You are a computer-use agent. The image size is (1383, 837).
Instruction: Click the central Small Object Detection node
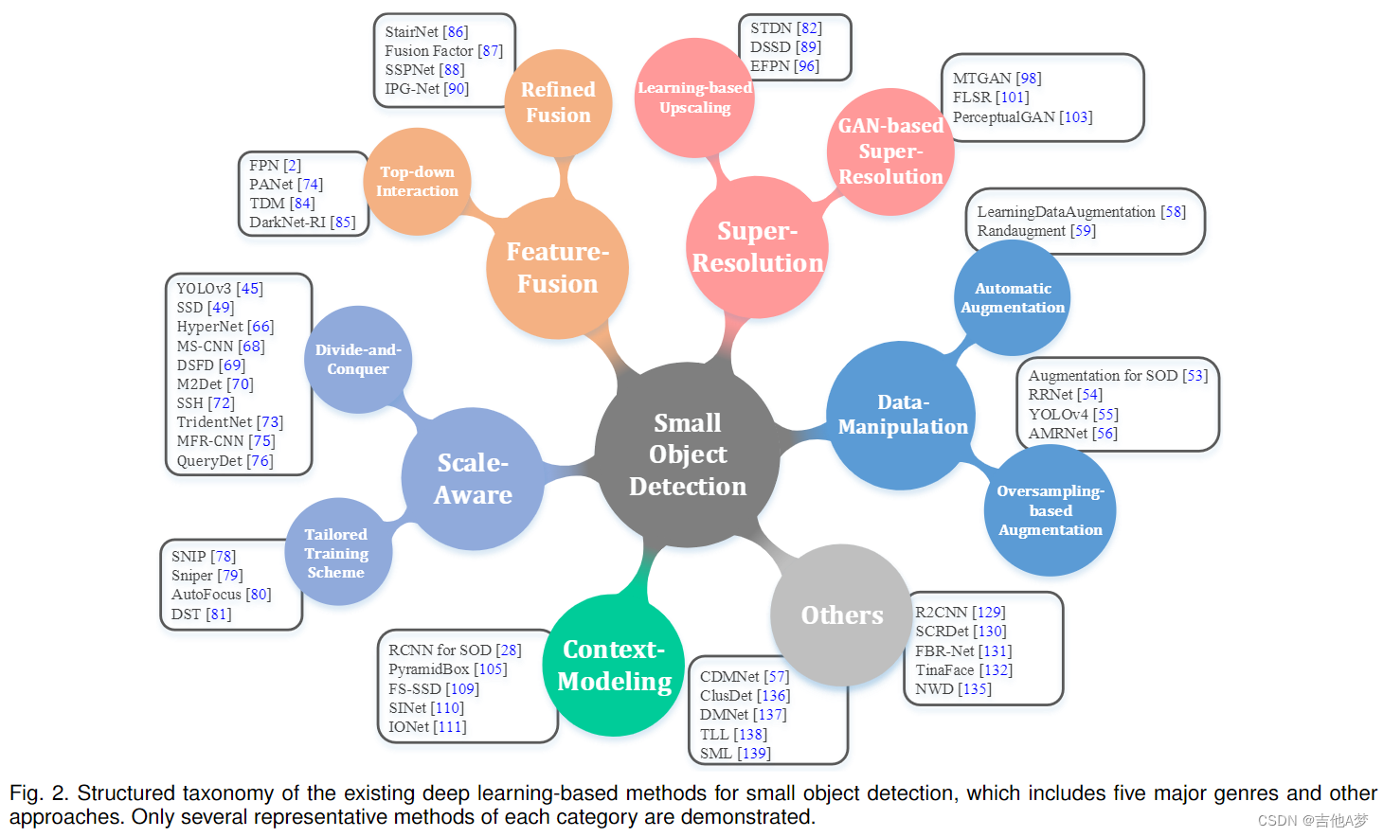(688, 454)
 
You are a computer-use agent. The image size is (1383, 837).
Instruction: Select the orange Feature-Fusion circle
(557, 268)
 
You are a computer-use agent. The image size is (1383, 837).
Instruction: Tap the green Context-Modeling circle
(614, 665)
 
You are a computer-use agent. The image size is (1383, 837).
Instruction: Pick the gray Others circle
(841, 615)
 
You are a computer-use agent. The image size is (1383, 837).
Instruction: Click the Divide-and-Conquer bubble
(358, 360)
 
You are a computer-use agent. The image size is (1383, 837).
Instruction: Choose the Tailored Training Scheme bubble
(336, 553)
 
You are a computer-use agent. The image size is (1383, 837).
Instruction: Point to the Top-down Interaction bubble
(417, 181)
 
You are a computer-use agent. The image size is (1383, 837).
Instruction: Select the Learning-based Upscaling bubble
(694, 98)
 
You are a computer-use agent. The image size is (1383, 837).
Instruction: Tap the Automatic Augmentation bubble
(1013, 297)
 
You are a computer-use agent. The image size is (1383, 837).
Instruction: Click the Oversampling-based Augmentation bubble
(1050, 510)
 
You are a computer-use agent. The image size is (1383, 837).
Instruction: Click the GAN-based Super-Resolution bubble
(890, 151)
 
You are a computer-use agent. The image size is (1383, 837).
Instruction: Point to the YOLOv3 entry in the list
(205, 289)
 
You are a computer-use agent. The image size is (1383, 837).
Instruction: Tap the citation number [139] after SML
(754, 754)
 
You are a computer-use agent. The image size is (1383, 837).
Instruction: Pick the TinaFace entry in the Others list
(944, 670)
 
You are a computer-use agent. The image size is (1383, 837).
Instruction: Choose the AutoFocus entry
(207, 595)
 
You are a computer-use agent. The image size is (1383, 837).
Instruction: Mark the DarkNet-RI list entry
(287, 223)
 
